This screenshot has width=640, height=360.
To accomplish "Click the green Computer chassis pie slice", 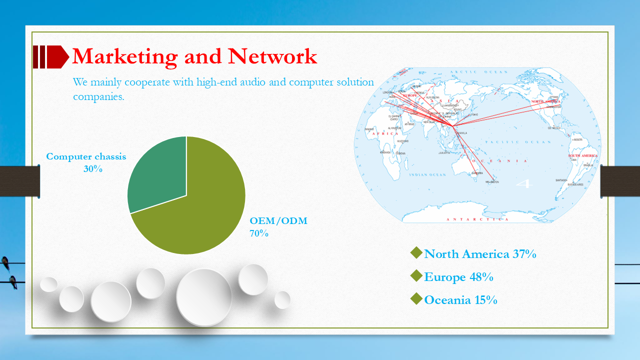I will click(157, 172).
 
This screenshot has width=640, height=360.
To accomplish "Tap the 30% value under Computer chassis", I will click(93, 169).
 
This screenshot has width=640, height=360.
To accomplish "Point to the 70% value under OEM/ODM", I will click(259, 233).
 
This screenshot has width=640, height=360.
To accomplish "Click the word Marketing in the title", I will click(124, 56).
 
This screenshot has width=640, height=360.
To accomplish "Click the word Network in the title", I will click(272, 56).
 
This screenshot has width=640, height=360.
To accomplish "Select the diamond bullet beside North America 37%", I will click(416, 253).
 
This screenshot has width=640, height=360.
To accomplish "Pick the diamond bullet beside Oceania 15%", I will click(416, 299).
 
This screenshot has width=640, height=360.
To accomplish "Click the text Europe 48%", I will click(459, 277).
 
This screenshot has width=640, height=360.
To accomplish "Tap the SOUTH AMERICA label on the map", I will click(582, 156).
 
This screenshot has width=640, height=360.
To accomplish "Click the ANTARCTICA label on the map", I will click(477, 219).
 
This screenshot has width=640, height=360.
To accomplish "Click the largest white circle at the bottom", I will click(204, 297).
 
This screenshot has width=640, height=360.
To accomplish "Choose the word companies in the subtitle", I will click(98, 96).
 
